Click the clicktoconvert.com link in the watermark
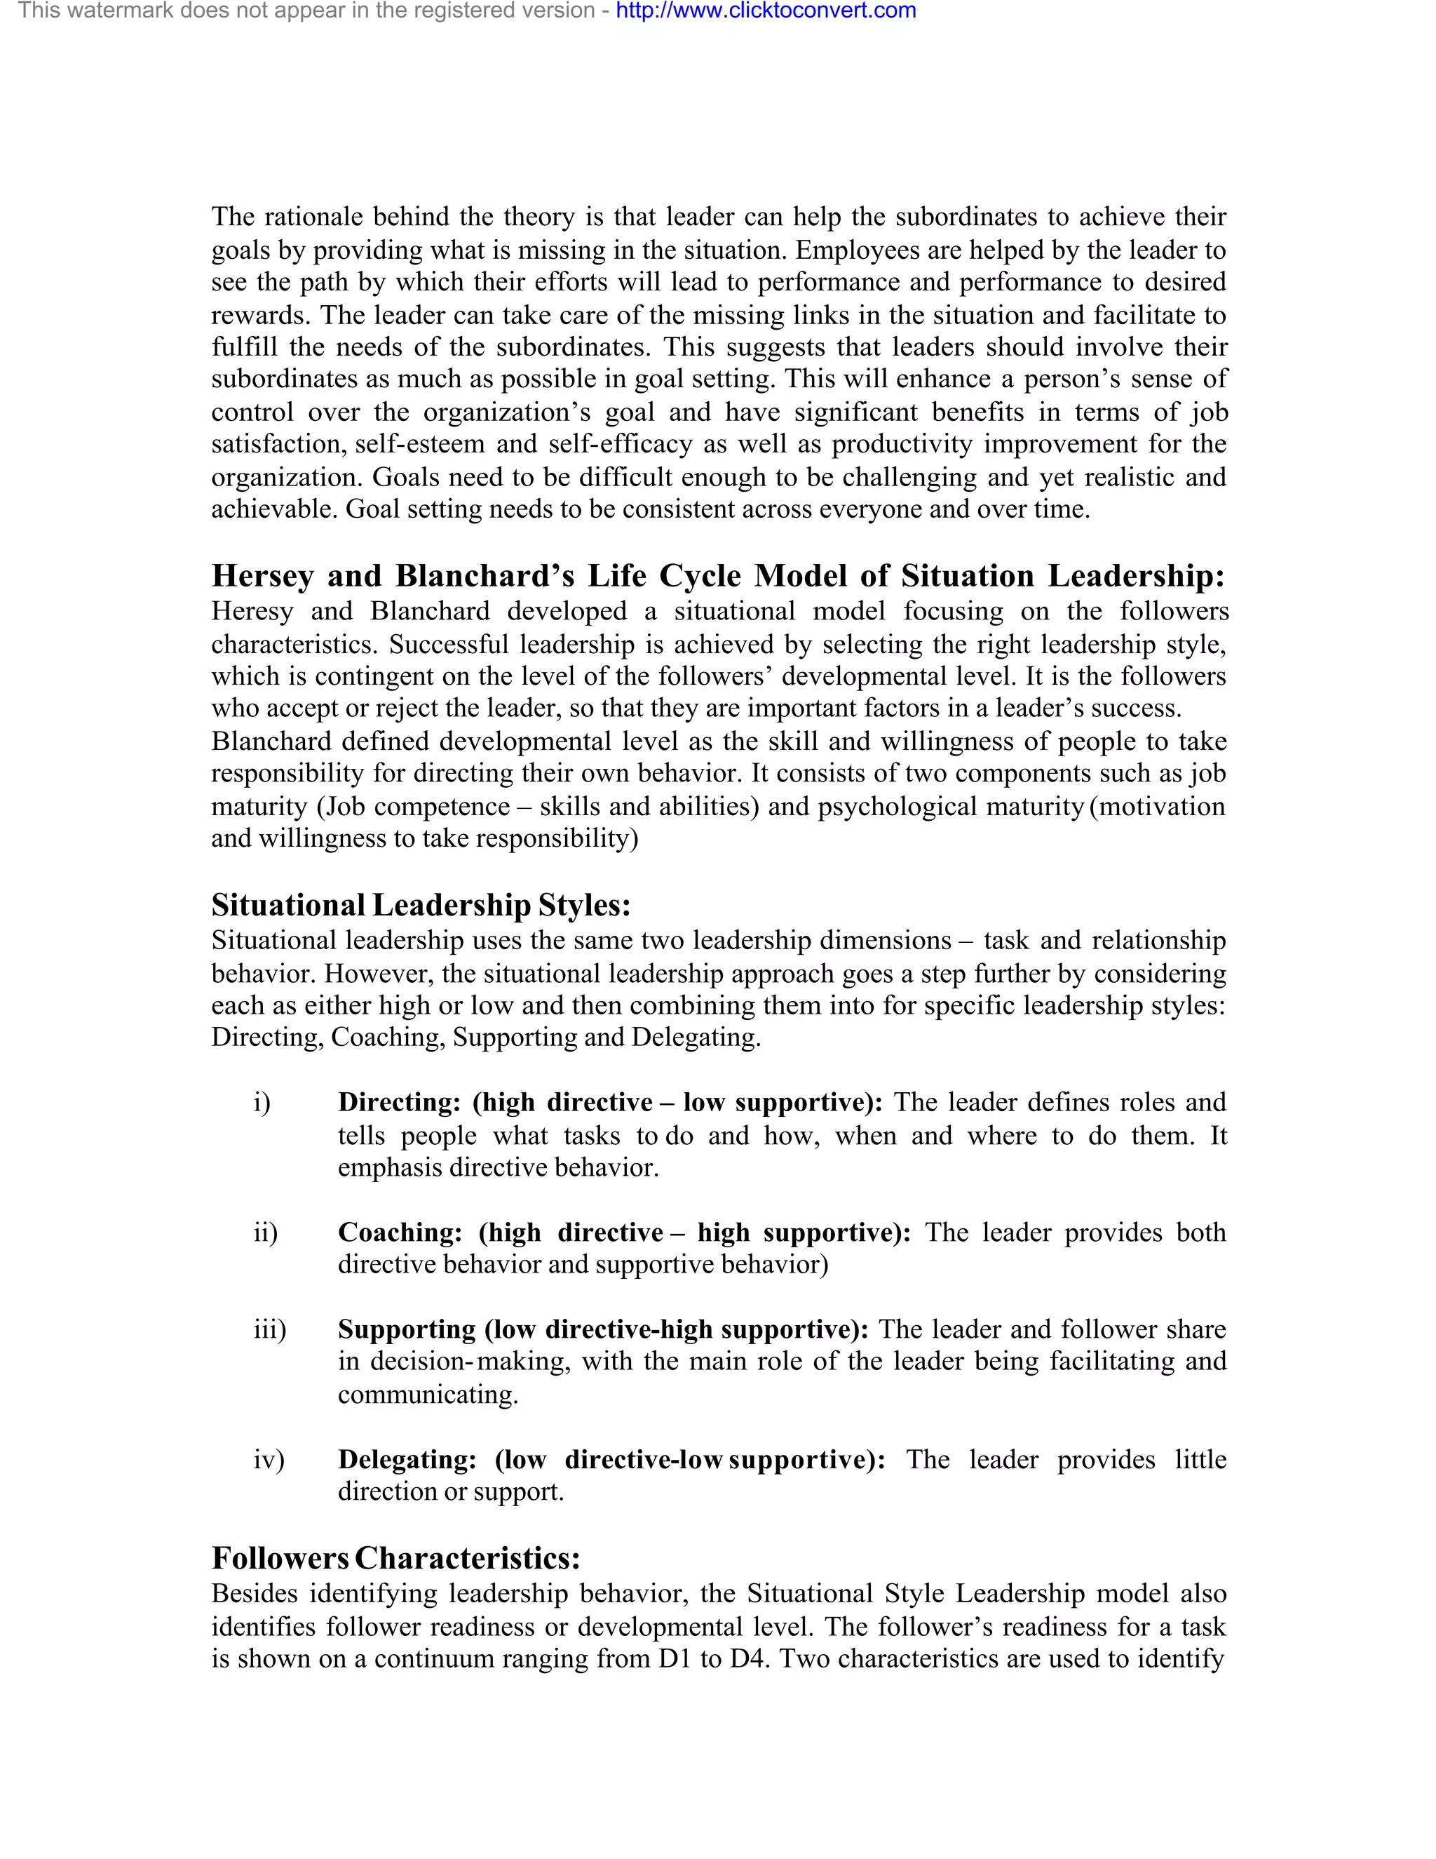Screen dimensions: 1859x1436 coord(766,11)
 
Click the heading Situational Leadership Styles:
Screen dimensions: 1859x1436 coord(421,905)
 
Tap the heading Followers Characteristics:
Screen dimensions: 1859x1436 coord(395,1557)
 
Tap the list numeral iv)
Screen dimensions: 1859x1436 coord(269,1460)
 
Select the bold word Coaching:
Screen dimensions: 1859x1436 coord(400,1233)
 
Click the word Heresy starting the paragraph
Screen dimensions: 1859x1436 coord(252,611)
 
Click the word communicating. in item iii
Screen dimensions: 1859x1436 coord(428,1395)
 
